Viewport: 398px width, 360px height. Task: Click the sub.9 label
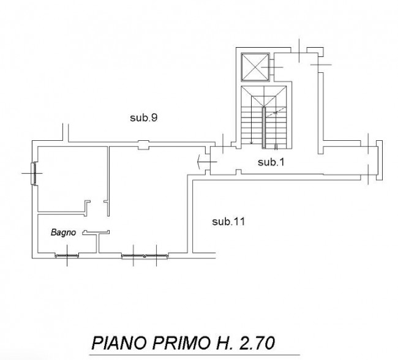click(144, 118)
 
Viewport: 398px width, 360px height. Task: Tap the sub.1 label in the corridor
click(271, 162)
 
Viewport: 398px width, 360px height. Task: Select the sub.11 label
click(228, 222)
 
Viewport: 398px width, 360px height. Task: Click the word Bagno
click(63, 232)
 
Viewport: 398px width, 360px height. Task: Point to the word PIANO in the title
click(119, 343)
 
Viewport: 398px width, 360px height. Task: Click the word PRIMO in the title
click(182, 343)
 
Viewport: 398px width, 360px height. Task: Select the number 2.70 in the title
click(257, 343)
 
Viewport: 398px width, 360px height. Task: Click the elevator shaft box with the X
click(255, 67)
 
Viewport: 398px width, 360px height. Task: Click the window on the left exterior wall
click(33, 174)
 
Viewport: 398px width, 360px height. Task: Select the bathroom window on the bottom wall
click(67, 255)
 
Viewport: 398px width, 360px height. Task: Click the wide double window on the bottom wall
click(145, 256)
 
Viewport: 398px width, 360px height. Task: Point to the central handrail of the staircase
click(264, 127)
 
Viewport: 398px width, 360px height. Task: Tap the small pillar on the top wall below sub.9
click(143, 145)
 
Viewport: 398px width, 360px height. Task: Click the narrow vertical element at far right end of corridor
click(379, 160)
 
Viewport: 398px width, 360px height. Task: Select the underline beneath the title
click(195, 355)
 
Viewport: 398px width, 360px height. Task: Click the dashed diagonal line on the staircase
click(276, 112)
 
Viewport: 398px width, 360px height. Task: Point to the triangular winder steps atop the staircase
click(264, 96)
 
